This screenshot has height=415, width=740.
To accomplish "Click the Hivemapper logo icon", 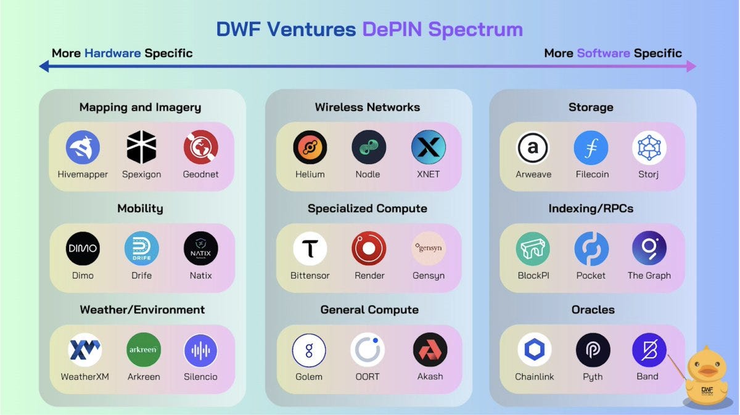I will pyautogui.click(x=83, y=147).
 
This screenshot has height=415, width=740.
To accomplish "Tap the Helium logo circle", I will pyautogui.click(x=310, y=147).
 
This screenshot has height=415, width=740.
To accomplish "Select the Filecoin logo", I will pyautogui.click(x=591, y=147).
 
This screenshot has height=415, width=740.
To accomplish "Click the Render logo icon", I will pyautogui.click(x=369, y=249).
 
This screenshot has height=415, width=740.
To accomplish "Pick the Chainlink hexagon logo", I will pyautogui.click(x=534, y=350).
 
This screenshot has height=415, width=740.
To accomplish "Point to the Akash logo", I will pyautogui.click(x=430, y=350).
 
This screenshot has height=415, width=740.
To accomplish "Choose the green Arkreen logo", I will pyautogui.click(x=143, y=350).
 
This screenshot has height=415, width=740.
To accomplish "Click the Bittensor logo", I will pyautogui.click(x=310, y=249).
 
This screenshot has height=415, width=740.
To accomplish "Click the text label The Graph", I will pyautogui.click(x=649, y=276).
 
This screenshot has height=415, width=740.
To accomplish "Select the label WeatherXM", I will pyautogui.click(x=84, y=377).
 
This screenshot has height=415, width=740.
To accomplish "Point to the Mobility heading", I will pyautogui.click(x=140, y=208).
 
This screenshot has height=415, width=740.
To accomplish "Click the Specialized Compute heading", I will pyautogui.click(x=367, y=208).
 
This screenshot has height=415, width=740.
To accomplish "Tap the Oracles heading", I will pyautogui.click(x=593, y=310).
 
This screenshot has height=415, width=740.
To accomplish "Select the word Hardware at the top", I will pyautogui.click(x=112, y=53).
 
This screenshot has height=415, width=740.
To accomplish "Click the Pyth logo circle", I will pyautogui.click(x=593, y=350).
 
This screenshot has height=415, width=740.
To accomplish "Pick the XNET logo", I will pyautogui.click(x=428, y=147).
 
